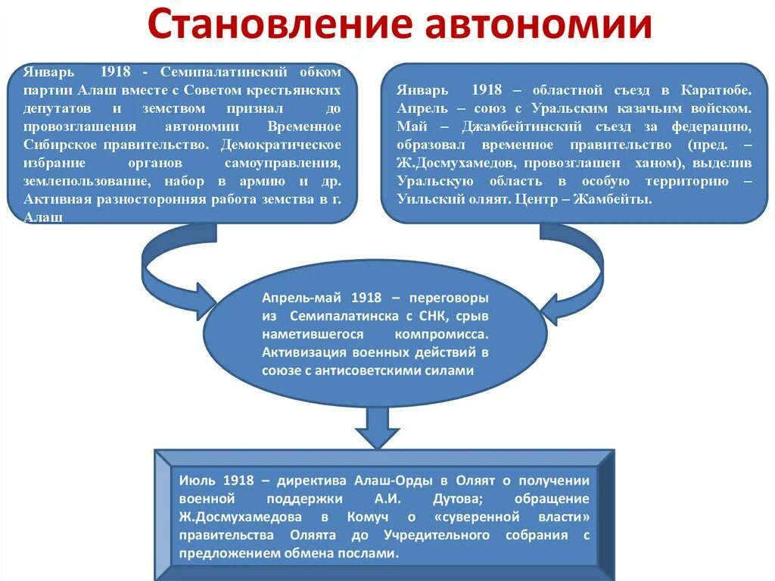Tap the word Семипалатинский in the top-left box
click(223, 71)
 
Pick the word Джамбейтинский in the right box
click(528, 126)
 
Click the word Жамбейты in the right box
click(618, 199)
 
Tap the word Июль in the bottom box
click(198, 480)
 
